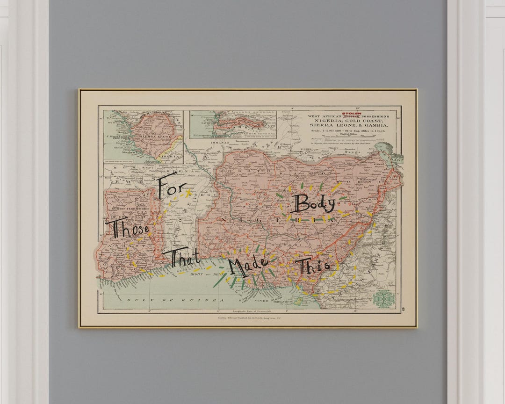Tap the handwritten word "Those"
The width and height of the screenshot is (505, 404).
pos(127,229)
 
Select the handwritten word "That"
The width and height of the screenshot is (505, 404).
pos(184,259)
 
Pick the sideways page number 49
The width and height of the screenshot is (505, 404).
pos(403,308)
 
